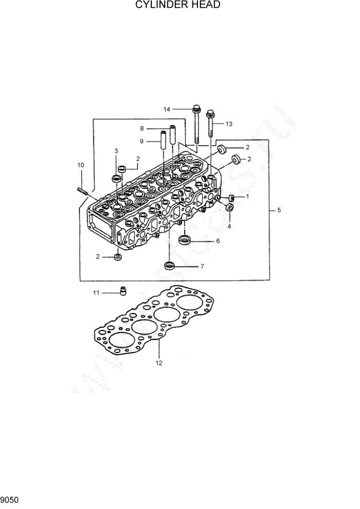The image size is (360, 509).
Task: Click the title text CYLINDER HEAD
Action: (178, 6)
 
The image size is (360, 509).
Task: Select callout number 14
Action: (167, 109)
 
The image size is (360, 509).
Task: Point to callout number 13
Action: (228, 124)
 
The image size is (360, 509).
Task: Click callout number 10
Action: (81, 165)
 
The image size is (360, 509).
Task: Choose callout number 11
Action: (96, 292)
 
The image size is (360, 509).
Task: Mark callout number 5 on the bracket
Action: (278, 210)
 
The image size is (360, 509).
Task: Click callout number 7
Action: (202, 266)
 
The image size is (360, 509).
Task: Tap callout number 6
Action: (217, 241)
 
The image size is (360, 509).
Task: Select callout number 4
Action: (229, 226)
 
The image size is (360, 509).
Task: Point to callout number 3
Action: (116, 151)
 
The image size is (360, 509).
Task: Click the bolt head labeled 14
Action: (196, 109)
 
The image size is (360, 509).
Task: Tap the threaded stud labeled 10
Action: (84, 192)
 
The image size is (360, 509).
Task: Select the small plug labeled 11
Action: (123, 291)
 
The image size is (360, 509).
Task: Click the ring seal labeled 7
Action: (169, 265)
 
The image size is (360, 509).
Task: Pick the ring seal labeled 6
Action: (185, 240)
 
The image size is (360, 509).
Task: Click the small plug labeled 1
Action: (231, 198)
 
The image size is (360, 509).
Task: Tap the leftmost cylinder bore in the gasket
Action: (117, 340)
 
